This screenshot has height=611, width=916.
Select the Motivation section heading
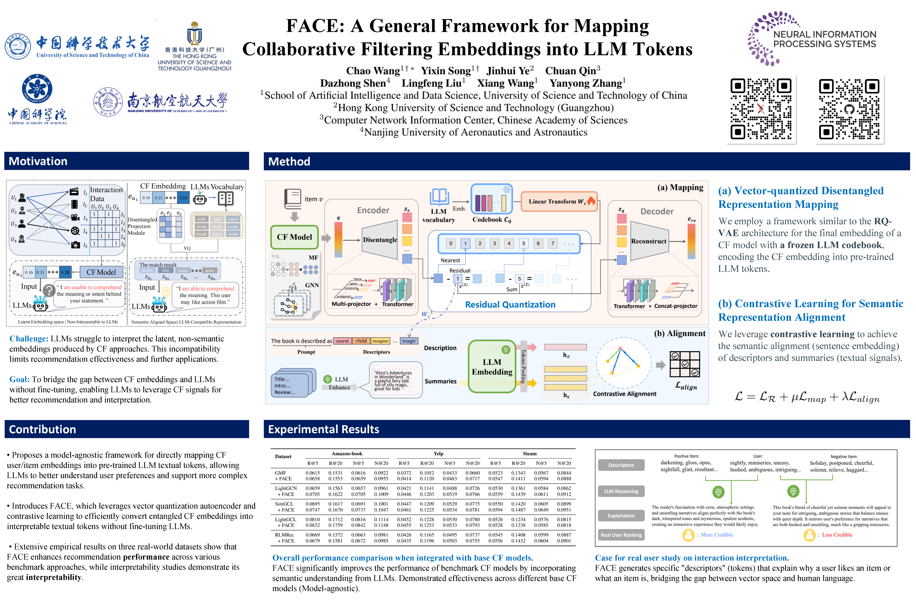coord(38,161)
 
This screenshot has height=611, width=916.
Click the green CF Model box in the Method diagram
coord(295,237)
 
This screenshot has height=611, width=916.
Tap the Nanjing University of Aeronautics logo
coord(161,102)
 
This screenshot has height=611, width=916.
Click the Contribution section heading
coord(42,429)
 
